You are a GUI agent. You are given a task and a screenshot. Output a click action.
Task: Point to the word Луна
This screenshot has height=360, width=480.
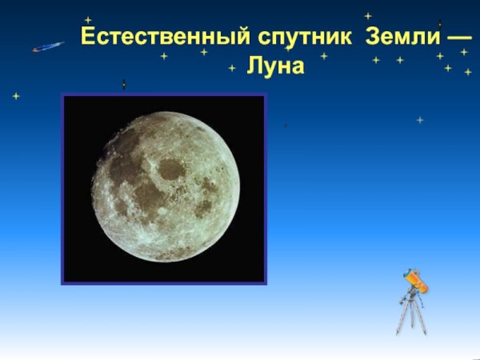tap(276, 66)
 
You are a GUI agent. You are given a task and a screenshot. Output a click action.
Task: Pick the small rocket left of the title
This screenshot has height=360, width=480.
tap(48, 47)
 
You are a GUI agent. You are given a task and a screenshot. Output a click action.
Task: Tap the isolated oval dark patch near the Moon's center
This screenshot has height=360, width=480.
tap(170, 168)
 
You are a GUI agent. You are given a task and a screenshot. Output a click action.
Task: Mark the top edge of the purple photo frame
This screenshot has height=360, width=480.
tap(164, 95)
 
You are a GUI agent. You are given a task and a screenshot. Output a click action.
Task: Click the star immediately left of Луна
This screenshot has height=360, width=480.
tap(232, 68)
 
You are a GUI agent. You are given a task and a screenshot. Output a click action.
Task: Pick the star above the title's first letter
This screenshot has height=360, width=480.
tap(88, 20)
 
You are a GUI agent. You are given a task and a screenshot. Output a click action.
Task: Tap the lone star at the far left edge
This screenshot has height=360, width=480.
tap(16, 96)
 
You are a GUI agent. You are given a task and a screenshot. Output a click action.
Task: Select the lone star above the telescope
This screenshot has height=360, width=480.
tap(420, 120)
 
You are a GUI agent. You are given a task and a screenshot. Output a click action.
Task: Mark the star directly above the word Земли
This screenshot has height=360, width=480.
tap(368, 15)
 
